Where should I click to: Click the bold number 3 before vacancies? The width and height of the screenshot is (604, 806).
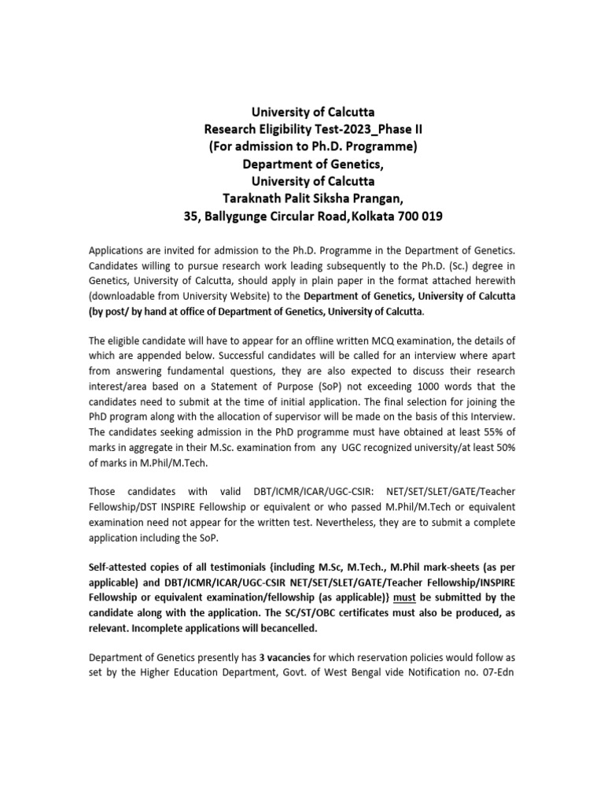[261, 656]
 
